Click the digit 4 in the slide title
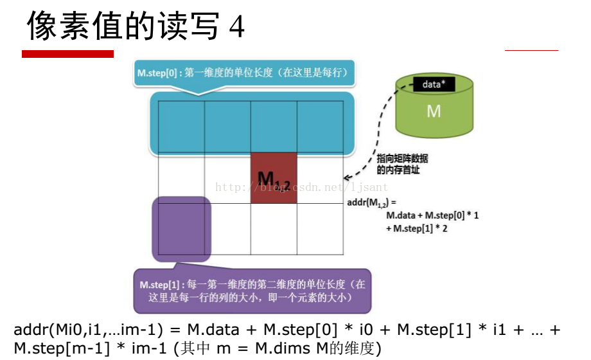[x=237, y=27]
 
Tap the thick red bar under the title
[x=68, y=54]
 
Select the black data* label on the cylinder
[x=434, y=84]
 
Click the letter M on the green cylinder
[x=434, y=111]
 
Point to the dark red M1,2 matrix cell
[x=274, y=178]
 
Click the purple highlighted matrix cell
[x=182, y=229]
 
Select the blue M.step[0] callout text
[x=242, y=73]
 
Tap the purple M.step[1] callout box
[x=252, y=291]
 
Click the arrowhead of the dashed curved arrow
[x=347, y=177]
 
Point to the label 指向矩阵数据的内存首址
[x=402, y=164]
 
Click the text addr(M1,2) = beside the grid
[x=371, y=203]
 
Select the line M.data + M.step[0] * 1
[x=432, y=215]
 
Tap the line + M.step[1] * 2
[x=416, y=228]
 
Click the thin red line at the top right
[x=531, y=50]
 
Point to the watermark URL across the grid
[x=301, y=187]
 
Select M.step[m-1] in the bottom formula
[x=62, y=348]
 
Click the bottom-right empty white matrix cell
[x=320, y=229]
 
